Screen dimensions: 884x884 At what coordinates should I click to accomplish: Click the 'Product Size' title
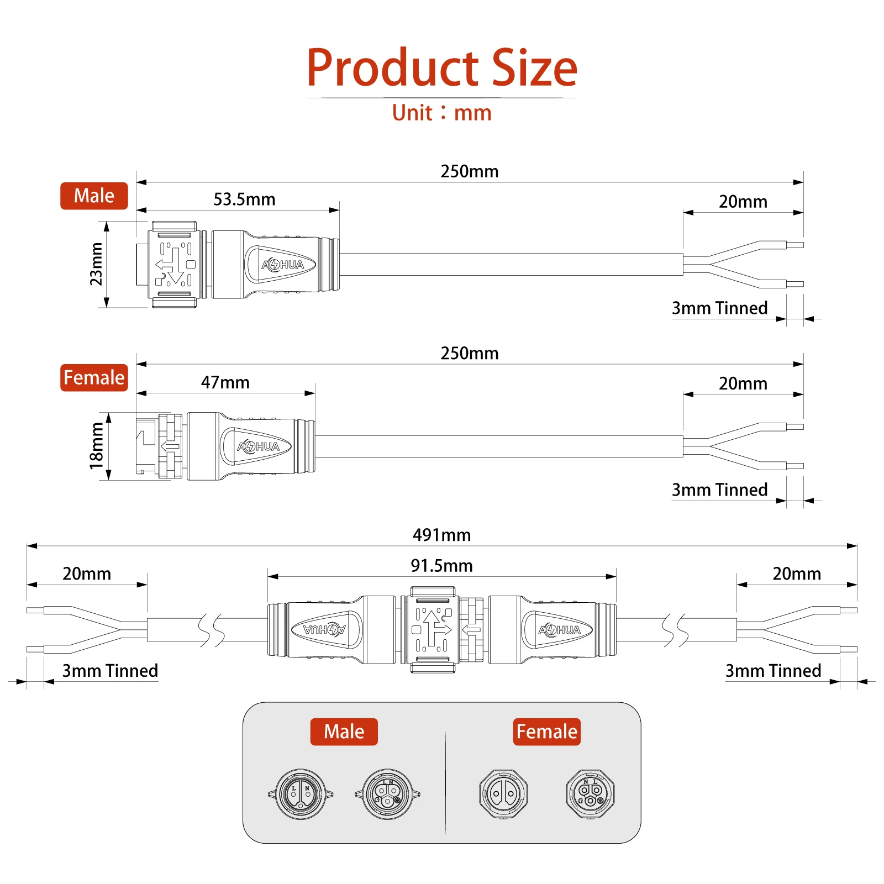(442, 67)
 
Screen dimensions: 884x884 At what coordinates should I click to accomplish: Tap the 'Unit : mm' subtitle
(442, 113)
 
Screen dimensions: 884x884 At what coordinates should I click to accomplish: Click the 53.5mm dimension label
(244, 199)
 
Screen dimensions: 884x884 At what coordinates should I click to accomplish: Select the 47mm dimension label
(225, 382)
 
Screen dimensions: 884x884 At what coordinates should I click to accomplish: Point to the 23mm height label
(97, 264)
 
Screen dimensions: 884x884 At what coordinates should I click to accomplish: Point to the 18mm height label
(97, 446)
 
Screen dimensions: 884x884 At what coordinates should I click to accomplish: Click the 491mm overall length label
(441, 535)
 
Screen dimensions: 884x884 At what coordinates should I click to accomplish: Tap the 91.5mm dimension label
(441, 566)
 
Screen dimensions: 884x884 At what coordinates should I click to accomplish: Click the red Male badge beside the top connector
(94, 196)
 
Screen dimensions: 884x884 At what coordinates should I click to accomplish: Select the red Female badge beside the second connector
(94, 378)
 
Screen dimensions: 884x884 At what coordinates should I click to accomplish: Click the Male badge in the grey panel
(344, 732)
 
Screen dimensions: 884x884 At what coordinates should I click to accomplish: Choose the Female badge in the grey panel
(546, 732)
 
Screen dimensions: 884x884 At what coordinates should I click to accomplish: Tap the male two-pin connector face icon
(300, 794)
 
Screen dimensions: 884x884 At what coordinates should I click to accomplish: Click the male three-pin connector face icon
(387, 794)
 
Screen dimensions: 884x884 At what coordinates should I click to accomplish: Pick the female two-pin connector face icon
(503, 794)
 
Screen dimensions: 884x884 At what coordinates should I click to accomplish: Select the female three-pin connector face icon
(590, 794)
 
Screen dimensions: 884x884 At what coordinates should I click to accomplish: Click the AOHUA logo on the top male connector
(282, 265)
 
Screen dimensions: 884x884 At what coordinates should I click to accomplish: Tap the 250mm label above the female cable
(469, 353)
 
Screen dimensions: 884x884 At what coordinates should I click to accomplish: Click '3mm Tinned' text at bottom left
(110, 671)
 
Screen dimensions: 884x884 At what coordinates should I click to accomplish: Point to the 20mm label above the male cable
(743, 202)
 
